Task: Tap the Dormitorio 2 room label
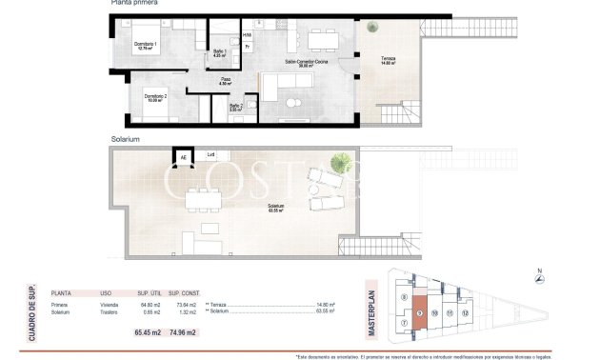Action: pos(155,97)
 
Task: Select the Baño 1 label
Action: pos(218,53)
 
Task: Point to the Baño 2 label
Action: pos(235,108)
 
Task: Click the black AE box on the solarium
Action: pos(181,158)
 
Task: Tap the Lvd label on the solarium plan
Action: pos(210,154)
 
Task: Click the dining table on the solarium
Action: pos(199,200)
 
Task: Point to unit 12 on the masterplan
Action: pos(466,311)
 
